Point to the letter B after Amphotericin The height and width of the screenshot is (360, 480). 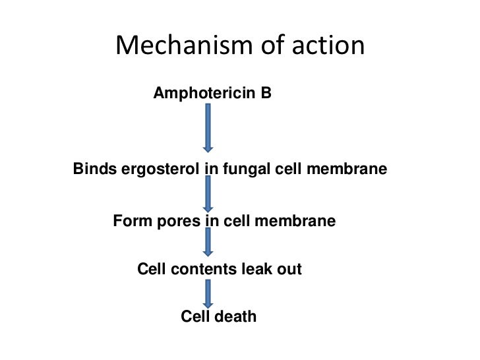[x=265, y=94]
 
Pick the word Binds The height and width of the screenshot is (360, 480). [x=94, y=169]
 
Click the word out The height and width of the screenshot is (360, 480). [x=290, y=269]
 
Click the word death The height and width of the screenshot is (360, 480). [x=235, y=317]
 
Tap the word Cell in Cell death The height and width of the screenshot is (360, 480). [x=195, y=317]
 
